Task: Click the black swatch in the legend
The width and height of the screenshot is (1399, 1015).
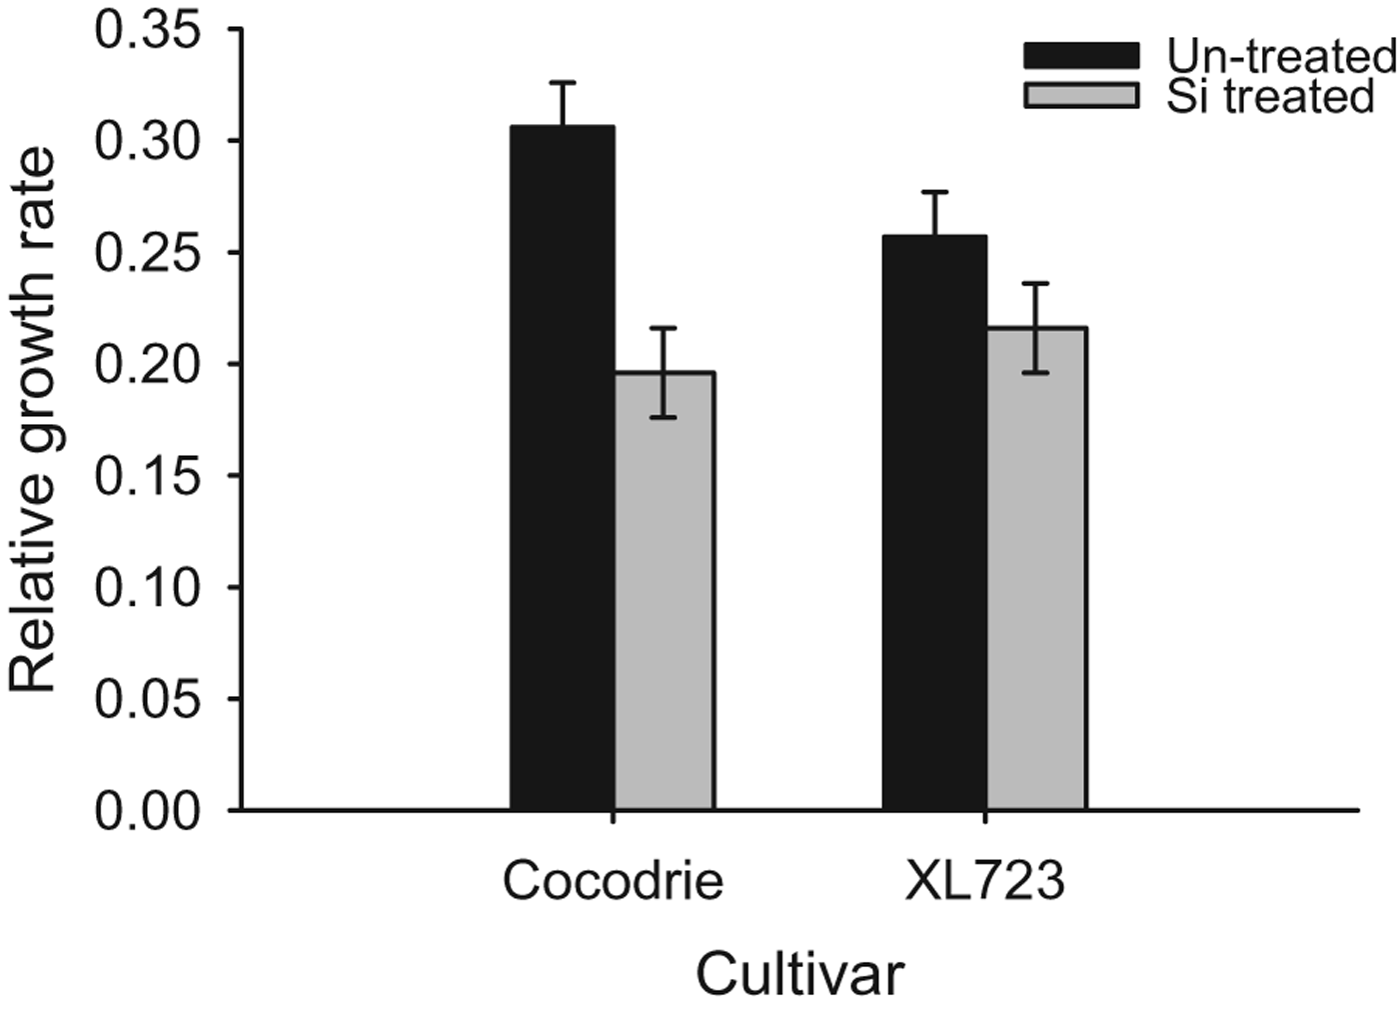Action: [1081, 55]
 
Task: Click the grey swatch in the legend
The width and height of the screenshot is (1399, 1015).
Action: [1081, 95]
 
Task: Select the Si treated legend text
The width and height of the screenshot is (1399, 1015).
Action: [1270, 96]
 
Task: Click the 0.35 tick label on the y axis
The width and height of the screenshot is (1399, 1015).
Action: [147, 30]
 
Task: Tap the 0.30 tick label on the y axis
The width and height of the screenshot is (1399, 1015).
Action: [147, 141]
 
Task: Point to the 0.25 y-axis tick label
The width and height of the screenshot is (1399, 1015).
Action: [147, 252]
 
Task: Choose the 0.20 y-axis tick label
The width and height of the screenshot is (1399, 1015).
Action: [147, 364]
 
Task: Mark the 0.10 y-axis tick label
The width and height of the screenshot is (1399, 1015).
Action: [147, 587]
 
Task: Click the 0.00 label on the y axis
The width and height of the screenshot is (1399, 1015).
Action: [147, 810]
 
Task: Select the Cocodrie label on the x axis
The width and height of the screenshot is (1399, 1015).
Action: [613, 881]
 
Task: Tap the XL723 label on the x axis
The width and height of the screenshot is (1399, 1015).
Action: [984, 881]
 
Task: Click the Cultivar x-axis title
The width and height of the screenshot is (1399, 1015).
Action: [799, 974]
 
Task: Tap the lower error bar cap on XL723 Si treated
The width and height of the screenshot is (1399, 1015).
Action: [1036, 373]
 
